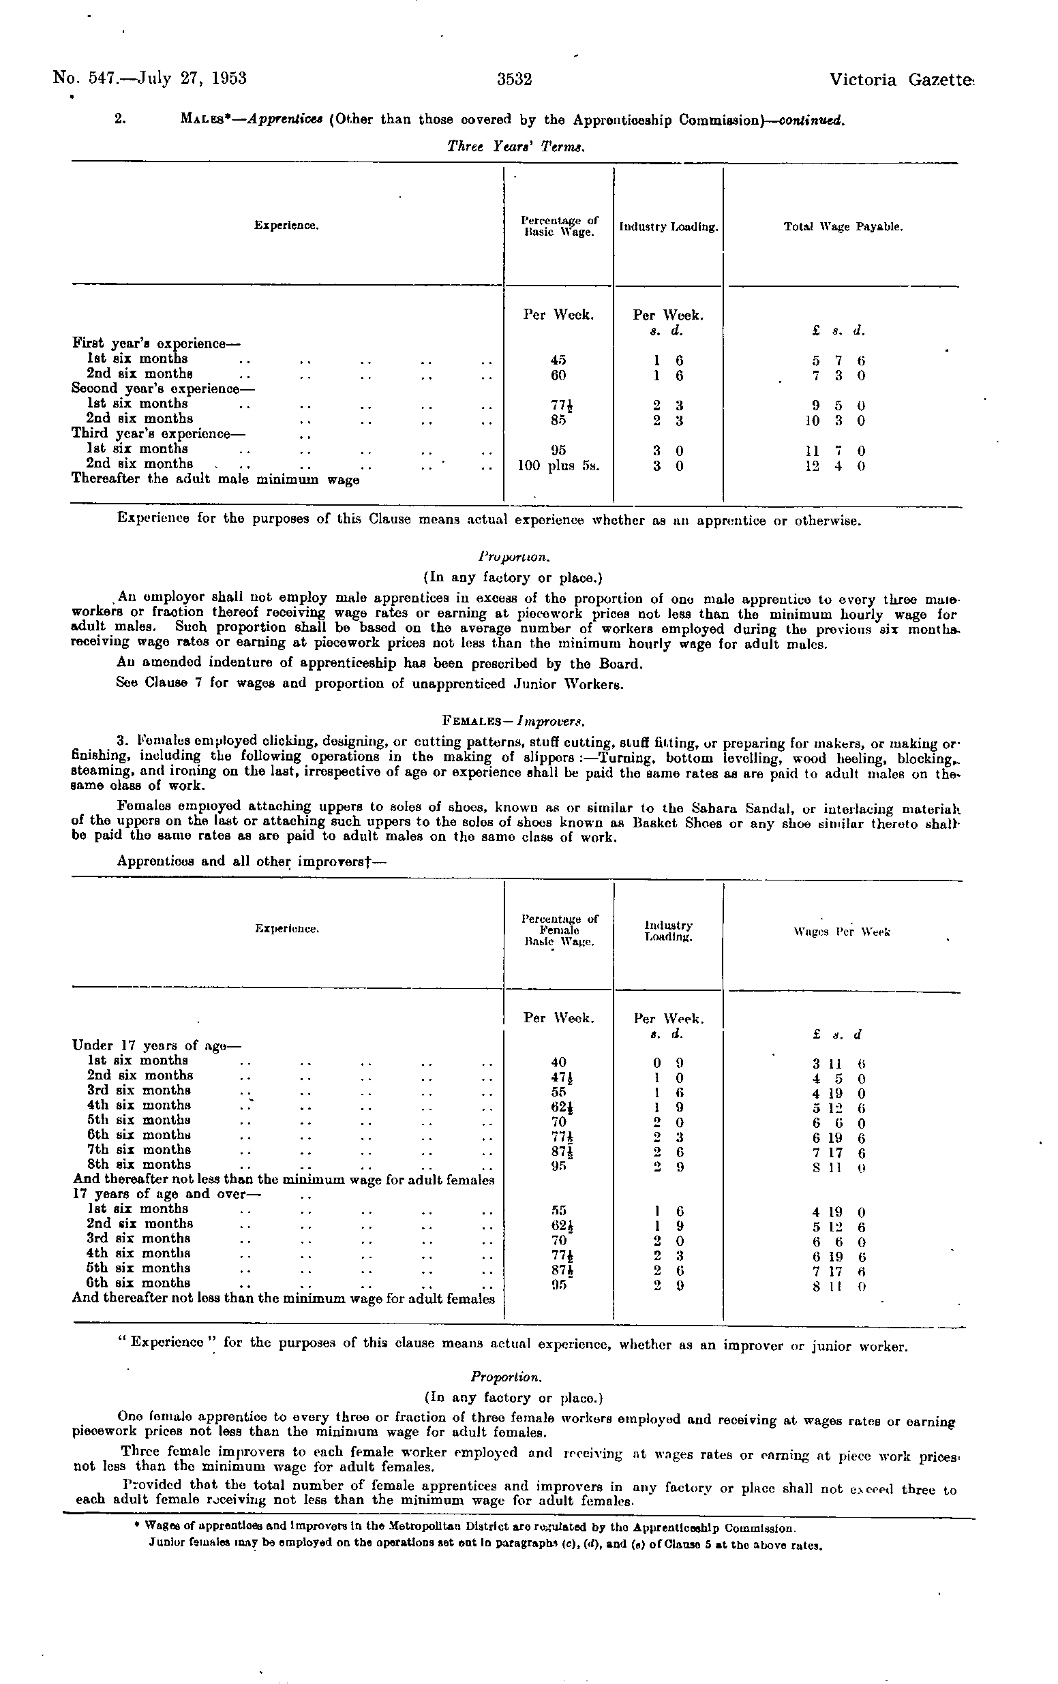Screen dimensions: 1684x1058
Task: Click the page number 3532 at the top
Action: click(514, 80)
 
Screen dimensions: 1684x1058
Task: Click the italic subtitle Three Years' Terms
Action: click(515, 147)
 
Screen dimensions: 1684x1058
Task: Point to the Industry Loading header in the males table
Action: click(668, 228)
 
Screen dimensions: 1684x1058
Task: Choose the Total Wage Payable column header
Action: click(843, 228)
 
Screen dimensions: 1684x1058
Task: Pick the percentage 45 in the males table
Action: click(558, 360)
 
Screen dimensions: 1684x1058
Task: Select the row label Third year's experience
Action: click(160, 433)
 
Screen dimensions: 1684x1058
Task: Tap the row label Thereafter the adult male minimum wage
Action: click(215, 480)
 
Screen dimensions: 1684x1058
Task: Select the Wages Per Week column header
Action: click(843, 932)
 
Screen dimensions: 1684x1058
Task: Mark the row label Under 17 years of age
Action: click(156, 1045)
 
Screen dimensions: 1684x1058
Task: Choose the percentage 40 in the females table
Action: click(558, 1062)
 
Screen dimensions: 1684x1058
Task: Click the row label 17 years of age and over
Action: click(166, 1195)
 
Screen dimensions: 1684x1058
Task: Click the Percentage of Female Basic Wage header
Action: click(559, 930)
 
